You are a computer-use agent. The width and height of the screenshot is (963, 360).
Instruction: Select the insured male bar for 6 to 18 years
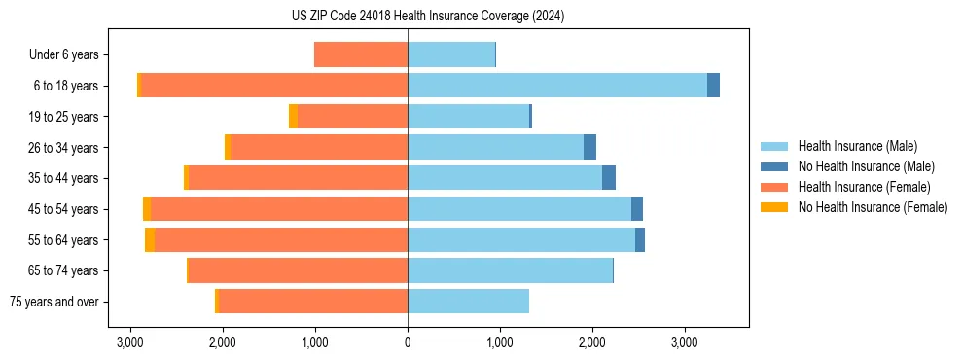tap(556, 86)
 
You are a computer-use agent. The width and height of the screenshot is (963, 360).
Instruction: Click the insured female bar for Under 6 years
tap(361, 55)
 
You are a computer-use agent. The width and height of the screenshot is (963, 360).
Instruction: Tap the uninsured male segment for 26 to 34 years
tap(589, 148)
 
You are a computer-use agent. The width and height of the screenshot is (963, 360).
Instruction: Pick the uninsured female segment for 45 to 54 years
tap(147, 209)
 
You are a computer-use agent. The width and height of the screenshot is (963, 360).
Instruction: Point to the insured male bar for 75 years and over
tap(468, 302)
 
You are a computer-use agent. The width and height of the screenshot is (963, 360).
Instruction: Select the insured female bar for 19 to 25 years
tap(352, 117)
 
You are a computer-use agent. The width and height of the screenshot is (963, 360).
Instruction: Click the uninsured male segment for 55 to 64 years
tap(640, 240)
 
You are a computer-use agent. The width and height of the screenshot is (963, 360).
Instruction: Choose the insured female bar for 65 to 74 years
tap(298, 270)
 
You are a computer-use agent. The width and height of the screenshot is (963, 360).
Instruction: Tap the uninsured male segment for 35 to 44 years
tap(609, 178)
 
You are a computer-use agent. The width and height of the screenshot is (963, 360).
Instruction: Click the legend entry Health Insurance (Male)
tap(857, 146)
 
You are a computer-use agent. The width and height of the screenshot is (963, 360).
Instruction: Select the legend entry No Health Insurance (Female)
tap(873, 207)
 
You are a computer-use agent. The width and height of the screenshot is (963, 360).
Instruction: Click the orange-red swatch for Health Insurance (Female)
tap(774, 187)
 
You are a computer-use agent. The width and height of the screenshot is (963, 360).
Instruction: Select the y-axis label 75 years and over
tap(53, 302)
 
